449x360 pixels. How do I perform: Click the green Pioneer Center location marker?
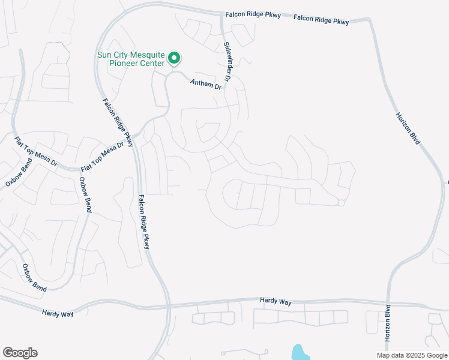(174, 58)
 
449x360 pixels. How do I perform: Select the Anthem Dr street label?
(206, 85)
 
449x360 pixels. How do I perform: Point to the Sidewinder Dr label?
(228, 62)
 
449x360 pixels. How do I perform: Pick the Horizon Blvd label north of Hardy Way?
(408, 127)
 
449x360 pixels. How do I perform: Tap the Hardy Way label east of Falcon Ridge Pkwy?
(276, 301)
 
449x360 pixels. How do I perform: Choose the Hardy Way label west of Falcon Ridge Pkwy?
(58, 313)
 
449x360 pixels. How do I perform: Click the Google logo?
(20, 353)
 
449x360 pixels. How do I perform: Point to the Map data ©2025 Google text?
(412, 355)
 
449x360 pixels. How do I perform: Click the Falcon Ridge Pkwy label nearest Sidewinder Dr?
(253, 15)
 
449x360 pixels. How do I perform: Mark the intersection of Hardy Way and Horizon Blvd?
(388, 304)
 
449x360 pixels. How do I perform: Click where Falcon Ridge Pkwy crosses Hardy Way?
(169, 307)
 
